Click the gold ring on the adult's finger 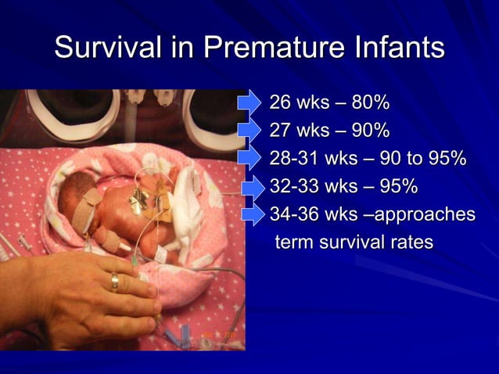point(115,282)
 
